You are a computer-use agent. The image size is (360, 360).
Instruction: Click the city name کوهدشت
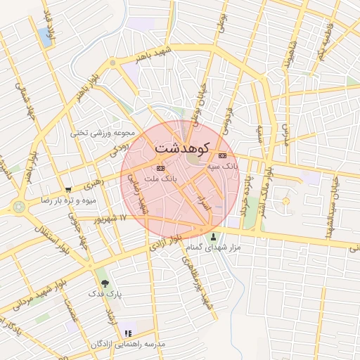(182, 149)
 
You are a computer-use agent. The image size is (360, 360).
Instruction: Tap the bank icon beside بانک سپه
(223, 155)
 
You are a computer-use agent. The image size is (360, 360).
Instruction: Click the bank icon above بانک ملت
(160, 169)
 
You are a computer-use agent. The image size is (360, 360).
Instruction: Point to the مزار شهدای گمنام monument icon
(214, 237)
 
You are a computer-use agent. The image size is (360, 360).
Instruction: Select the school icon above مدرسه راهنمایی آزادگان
(127, 333)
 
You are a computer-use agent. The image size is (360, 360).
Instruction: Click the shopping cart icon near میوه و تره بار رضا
(67, 190)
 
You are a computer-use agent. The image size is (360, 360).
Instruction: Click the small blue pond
(47, 37)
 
